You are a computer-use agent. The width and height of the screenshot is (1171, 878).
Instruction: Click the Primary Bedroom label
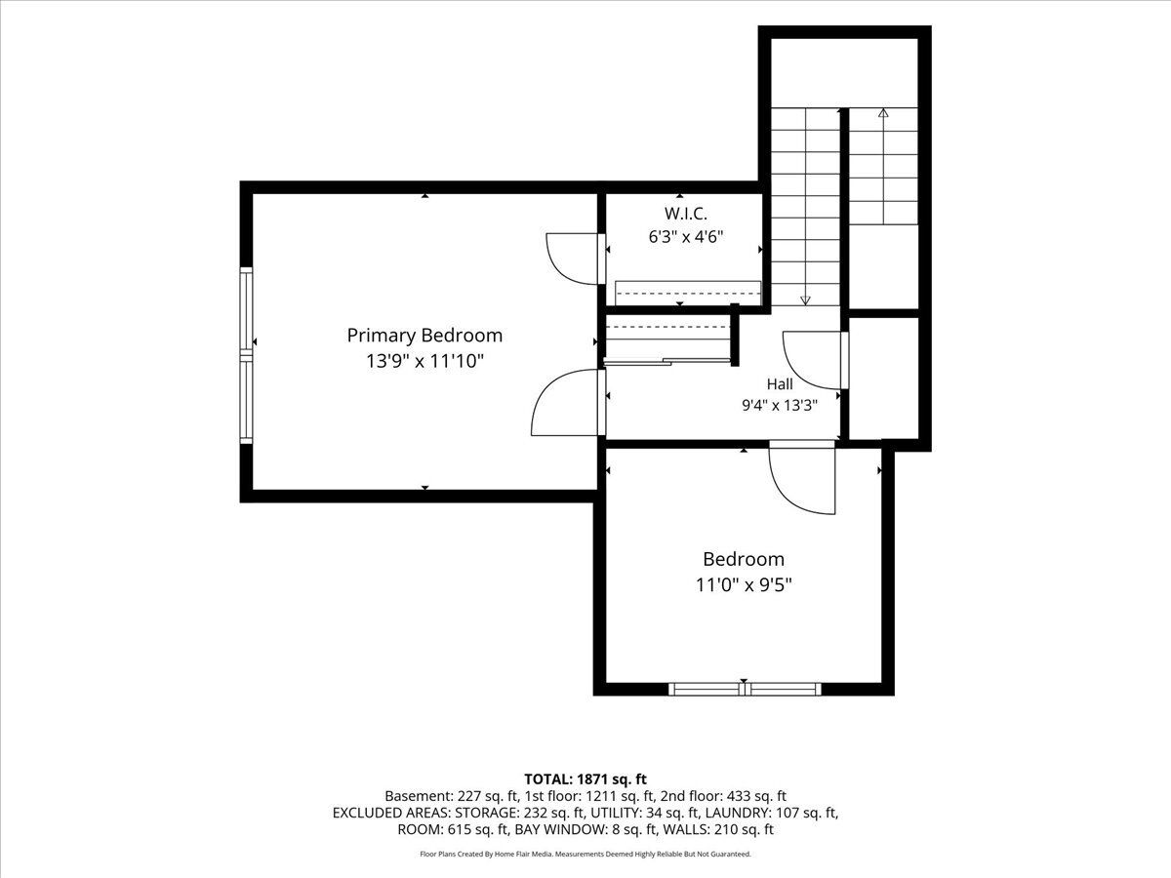tap(424, 336)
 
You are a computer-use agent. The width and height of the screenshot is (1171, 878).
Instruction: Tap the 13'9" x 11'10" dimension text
tap(424, 361)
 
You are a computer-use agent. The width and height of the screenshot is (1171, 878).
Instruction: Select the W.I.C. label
tap(686, 214)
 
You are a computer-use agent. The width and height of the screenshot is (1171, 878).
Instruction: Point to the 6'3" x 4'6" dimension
tap(686, 237)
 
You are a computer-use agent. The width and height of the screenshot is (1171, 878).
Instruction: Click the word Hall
tap(780, 383)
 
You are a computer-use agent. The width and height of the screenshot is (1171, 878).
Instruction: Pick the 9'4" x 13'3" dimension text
tap(780, 406)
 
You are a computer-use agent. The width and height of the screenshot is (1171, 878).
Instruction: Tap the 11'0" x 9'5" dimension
tap(744, 585)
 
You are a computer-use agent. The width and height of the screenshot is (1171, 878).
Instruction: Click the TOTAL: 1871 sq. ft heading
tap(585, 779)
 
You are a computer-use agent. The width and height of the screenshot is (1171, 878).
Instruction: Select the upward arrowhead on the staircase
tap(883, 112)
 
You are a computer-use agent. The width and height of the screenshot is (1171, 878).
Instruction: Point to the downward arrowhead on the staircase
tap(806, 300)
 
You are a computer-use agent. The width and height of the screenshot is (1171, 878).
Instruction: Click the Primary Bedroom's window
tap(246, 355)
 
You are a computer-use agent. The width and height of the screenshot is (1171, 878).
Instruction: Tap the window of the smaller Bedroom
tap(745, 689)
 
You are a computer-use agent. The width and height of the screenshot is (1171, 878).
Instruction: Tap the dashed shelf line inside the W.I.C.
tap(688, 294)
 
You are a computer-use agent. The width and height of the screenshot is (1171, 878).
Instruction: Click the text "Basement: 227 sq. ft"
tap(452, 796)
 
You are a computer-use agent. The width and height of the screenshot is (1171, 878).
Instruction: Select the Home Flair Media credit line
tap(585, 854)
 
